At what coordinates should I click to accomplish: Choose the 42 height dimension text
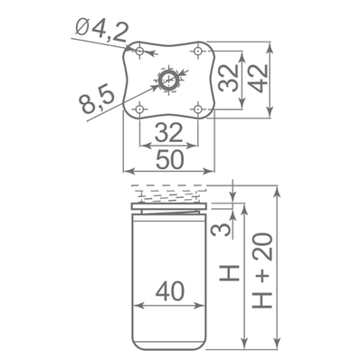pos(259,79)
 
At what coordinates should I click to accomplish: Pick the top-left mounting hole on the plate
pos(139,51)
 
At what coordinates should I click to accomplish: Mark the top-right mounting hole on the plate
pos(198,51)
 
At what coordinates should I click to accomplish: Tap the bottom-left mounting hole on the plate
pos(139,109)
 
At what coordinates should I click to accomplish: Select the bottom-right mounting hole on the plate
pos(198,109)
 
